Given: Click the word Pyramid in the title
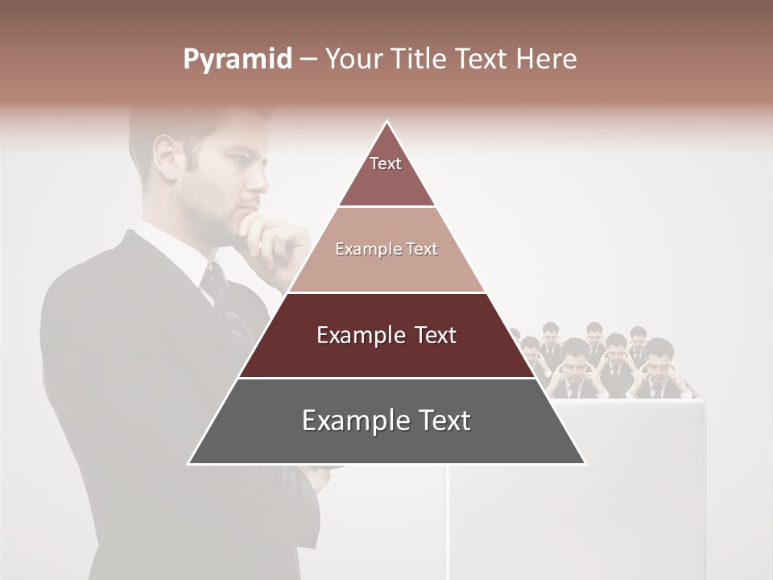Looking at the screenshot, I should coord(237,60).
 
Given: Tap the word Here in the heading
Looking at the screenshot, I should coord(547,60).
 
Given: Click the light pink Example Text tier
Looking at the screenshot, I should coord(386,250).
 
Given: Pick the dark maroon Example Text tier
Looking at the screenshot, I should coord(386,335).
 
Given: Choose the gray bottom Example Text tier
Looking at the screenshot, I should coord(386,421).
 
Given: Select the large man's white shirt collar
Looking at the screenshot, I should coord(173,246).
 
